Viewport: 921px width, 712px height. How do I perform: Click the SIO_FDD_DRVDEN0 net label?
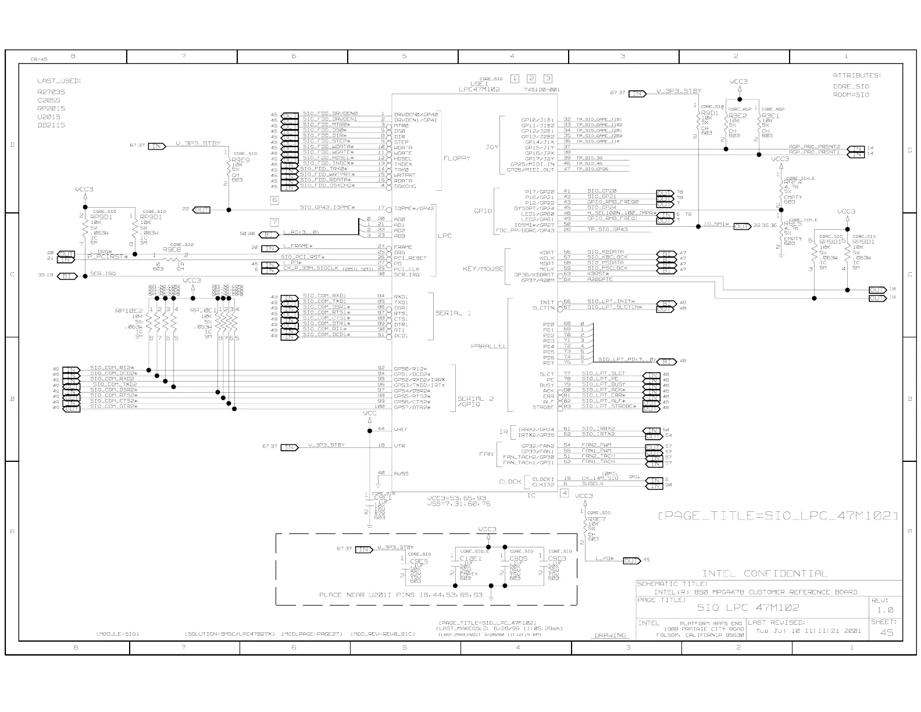pos(330,113)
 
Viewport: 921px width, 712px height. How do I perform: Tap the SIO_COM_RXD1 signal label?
pos(324,296)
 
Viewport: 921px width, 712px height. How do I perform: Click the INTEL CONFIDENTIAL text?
pos(765,574)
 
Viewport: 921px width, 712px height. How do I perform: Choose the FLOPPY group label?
pos(457,158)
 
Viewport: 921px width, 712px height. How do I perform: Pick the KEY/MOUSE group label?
pos(483,269)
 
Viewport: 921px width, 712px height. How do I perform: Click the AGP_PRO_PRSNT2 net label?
pos(814,147)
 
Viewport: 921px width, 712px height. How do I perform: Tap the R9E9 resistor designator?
pos(240,159)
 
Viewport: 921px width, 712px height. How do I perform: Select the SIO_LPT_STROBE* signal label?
pos(609,407)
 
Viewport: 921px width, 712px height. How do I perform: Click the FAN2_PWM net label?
pos(597,445)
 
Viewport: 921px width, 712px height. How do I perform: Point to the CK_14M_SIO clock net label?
pos(600,478)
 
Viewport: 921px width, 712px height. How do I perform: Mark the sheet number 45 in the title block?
pos(886,632)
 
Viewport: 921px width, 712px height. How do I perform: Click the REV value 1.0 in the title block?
pos(886,610)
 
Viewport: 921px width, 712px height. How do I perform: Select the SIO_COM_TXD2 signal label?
pos(115,385)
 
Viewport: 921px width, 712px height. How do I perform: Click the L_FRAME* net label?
pos(298,247)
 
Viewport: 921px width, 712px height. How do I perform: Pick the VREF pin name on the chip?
pos(401,429)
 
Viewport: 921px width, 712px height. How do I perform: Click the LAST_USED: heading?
pos(59,81)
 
